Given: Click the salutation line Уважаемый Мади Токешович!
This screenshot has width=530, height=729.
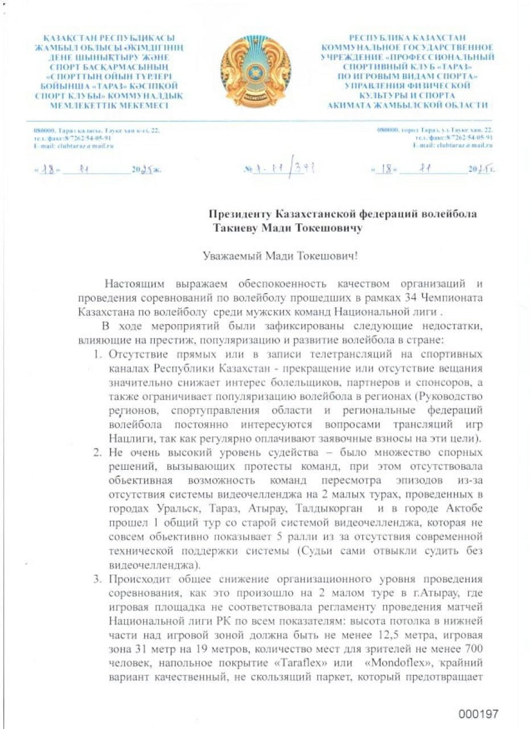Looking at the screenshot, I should [280, 256].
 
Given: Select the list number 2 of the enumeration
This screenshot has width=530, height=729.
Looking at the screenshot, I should [97, 452].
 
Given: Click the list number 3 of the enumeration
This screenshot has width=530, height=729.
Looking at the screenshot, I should [97, 580].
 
